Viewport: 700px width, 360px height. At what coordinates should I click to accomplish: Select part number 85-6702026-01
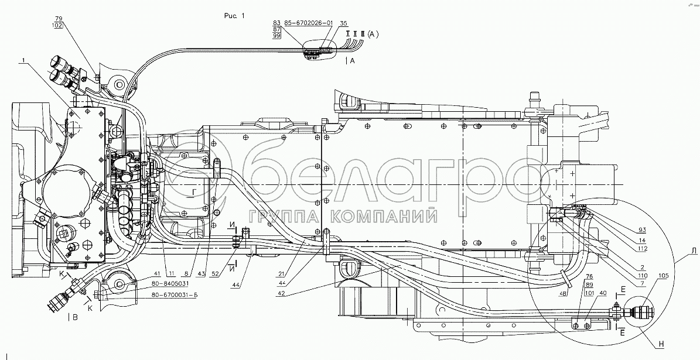coord(308,23)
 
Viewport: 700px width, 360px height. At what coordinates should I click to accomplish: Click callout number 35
coord(343,23)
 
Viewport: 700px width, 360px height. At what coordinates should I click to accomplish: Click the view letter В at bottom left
coord(74,318)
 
